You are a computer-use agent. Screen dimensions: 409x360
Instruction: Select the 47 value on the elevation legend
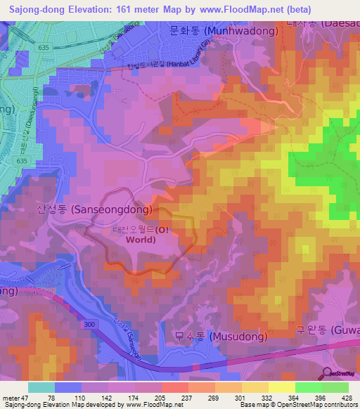[x=31, y=397]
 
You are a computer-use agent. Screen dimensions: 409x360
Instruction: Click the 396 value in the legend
[x=321, y=397]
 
